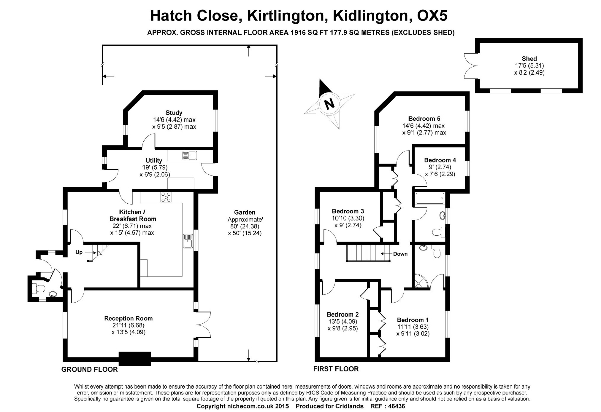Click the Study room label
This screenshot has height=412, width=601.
pos(174,113)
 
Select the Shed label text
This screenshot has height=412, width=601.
pos(529,59)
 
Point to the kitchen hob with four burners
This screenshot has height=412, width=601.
pos(166,197)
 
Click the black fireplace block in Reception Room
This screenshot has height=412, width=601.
pos(134,359)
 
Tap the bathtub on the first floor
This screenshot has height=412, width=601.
pos(430,198)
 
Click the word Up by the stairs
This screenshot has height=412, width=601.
pos(79,252)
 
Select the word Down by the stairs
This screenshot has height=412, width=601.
pos(400,254)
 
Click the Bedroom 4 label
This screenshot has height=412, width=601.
pos(440,160)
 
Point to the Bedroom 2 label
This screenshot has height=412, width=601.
pos(342,314)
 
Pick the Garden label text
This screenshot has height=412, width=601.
pos(245,212)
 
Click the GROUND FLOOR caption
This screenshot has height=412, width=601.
pos(89,369)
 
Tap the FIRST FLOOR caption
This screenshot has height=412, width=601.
pos(336,369)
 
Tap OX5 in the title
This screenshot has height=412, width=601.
pos(432,16)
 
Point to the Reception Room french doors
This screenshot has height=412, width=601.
pos(203,325)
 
